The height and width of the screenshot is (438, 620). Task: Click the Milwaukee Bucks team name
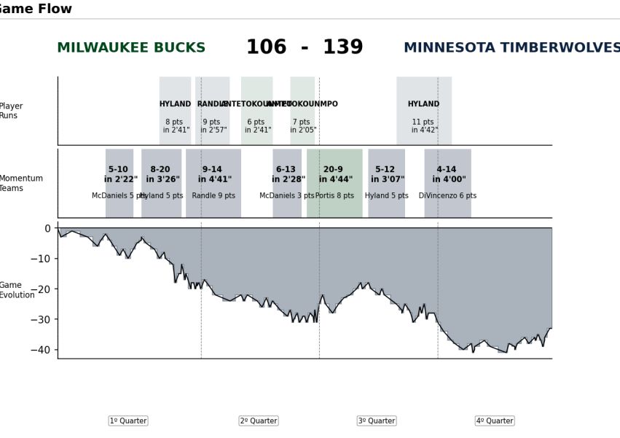[x=131, y=48]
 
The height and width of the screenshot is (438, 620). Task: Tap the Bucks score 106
[x=266, y=47]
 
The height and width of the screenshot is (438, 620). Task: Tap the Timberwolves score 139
[x=342, y=47]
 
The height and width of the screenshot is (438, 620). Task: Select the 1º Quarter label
[x=128, y=421]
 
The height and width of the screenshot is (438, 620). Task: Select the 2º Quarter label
[x=259, y=421]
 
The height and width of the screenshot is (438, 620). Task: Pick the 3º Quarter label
[x=377, y=421]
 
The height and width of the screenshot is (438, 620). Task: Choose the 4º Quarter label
[x=495, y=421]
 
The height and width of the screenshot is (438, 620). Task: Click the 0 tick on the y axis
[x=47, y=228]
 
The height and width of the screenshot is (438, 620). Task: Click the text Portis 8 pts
[x=334, y=196]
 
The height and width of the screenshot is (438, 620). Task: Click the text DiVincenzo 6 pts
[x=447, y=196]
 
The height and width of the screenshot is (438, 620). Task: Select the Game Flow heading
[x=36, y=9]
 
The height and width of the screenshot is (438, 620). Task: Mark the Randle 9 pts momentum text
[x=213, y=196]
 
